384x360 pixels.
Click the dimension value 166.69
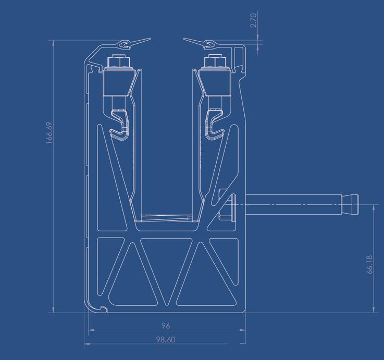[49, 133]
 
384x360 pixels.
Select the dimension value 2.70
[254, 20]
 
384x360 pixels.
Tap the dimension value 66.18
[370, 265]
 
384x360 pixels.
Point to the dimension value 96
[166, 326]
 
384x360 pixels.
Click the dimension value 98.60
[166, 340]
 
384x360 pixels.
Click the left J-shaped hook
[119, 125]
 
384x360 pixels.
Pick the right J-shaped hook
[215, 125]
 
